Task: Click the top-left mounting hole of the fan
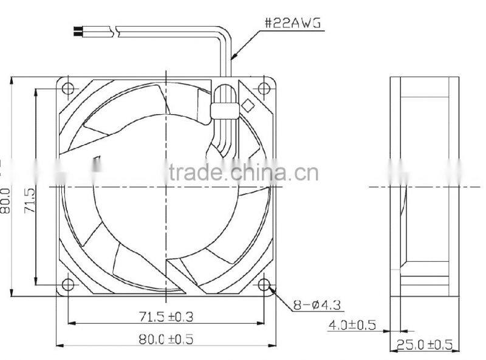[67, 89]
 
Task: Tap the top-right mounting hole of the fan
[264, 89]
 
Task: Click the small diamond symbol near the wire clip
[248, 105]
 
